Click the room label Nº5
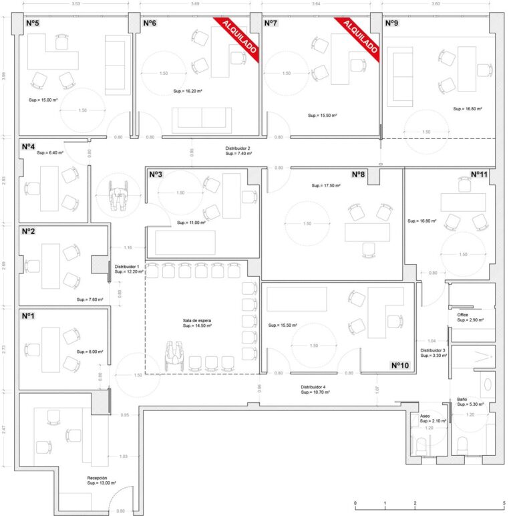(32, 23)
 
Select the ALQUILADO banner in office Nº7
(360, 36)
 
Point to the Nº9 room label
(391, 23)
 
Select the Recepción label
(98, 478)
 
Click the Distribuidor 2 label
(238, 148)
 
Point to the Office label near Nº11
(463, 315)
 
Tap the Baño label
(462, 400)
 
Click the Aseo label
(425, 416)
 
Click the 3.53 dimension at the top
(76, 4)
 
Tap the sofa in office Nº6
(202, 118)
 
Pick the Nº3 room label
(156, 174)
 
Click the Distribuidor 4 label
(313, 387)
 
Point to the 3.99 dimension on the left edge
(4, 76)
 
